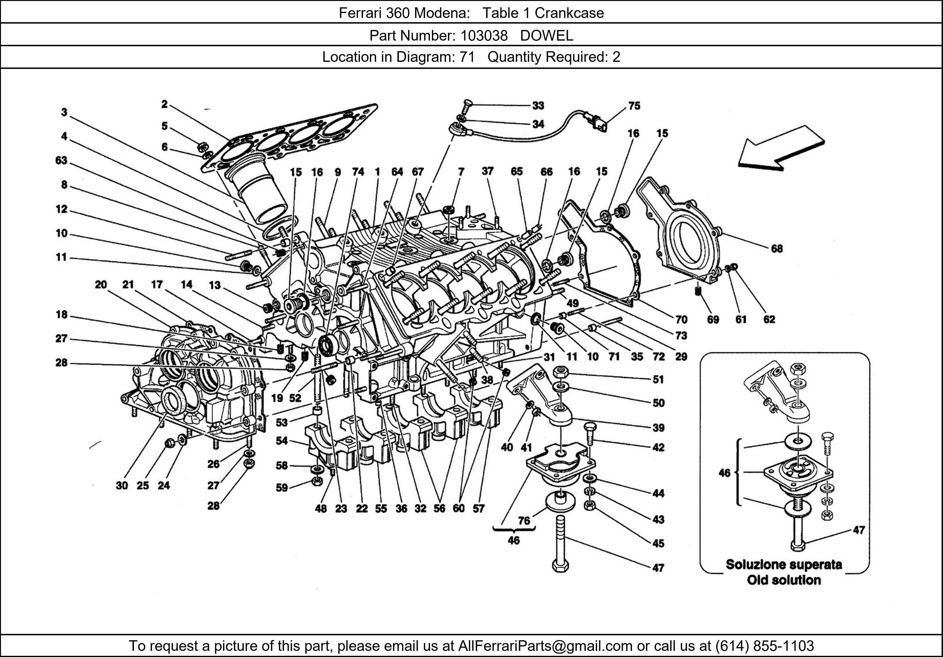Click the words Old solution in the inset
(784, 580)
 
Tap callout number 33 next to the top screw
(538, 106)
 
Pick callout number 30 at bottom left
(122, 486)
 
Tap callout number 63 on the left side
(61, 160)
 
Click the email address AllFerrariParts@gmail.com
(545, 646)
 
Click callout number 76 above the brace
(524, 521)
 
